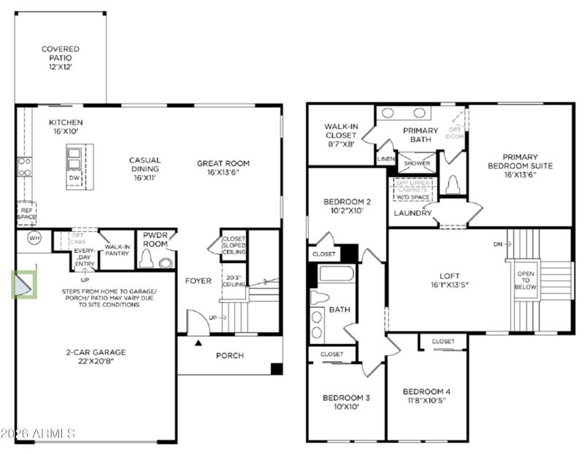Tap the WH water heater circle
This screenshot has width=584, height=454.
pos(34,238)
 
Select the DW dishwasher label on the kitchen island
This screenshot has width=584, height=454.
pos(74,178)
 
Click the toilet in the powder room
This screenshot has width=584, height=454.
pos(147,259)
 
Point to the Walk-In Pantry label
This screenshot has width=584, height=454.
pos(117,251)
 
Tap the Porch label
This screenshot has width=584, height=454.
pos(229,356)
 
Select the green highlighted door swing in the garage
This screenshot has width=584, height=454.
pos(22,284)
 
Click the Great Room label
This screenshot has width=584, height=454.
pos(223,168)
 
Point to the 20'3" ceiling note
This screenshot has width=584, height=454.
pos(234,281)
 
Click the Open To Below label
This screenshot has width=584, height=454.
pos(526,281)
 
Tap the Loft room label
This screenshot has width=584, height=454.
pos(443,281)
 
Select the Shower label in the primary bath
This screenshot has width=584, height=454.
pos(417,163)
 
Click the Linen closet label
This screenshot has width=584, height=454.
pos(385,159)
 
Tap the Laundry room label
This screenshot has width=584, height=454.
pos(412,213)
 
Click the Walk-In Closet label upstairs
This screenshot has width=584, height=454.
pos(341,135)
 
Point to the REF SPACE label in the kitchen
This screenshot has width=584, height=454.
pos(26,214)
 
